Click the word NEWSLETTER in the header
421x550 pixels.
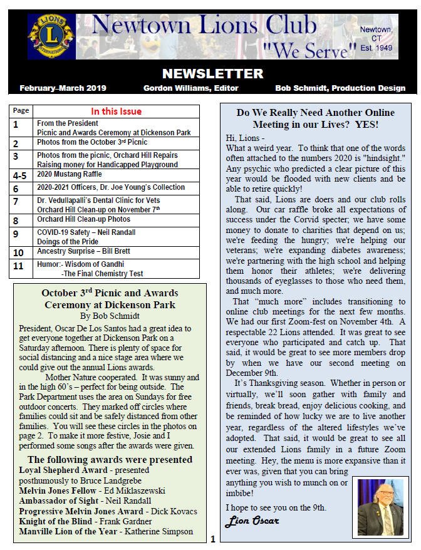(x=212, y=73)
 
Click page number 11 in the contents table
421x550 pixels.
(x=18, y=266)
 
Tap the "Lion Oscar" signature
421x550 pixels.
(x=252, y=521)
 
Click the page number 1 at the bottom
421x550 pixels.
(x=213, y=539)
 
